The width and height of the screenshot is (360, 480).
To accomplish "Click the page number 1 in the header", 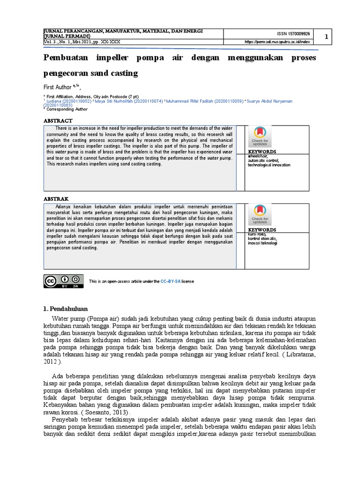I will pyautogui.click(x=327, y=37).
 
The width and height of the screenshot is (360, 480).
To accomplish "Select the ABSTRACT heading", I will pyautogui.click(x=58, y=120).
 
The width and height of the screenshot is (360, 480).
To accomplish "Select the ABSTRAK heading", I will pyautogui.click(x=56, y=198).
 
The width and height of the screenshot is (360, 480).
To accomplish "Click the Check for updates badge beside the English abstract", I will pyautogui.click(x=260, y=136).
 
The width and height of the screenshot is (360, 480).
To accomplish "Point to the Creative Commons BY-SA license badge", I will pyautogui.click(x=64, y=281).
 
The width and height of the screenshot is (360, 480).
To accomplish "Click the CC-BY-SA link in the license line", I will pyautogui.click(x=171, y=281).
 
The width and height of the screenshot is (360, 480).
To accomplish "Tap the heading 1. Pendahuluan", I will pyautogui.click(x=65, y=308).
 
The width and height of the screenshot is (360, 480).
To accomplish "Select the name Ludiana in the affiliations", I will pyautogui.click(x=55, y=101).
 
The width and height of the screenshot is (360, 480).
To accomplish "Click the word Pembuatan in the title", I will pyautogui.click(x=66, y=58).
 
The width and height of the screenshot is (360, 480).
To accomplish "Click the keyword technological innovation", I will pyautogui.click(x=269, y=165).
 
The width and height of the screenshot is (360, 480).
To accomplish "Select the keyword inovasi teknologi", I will pyautogui.click(x=262, y=243).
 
